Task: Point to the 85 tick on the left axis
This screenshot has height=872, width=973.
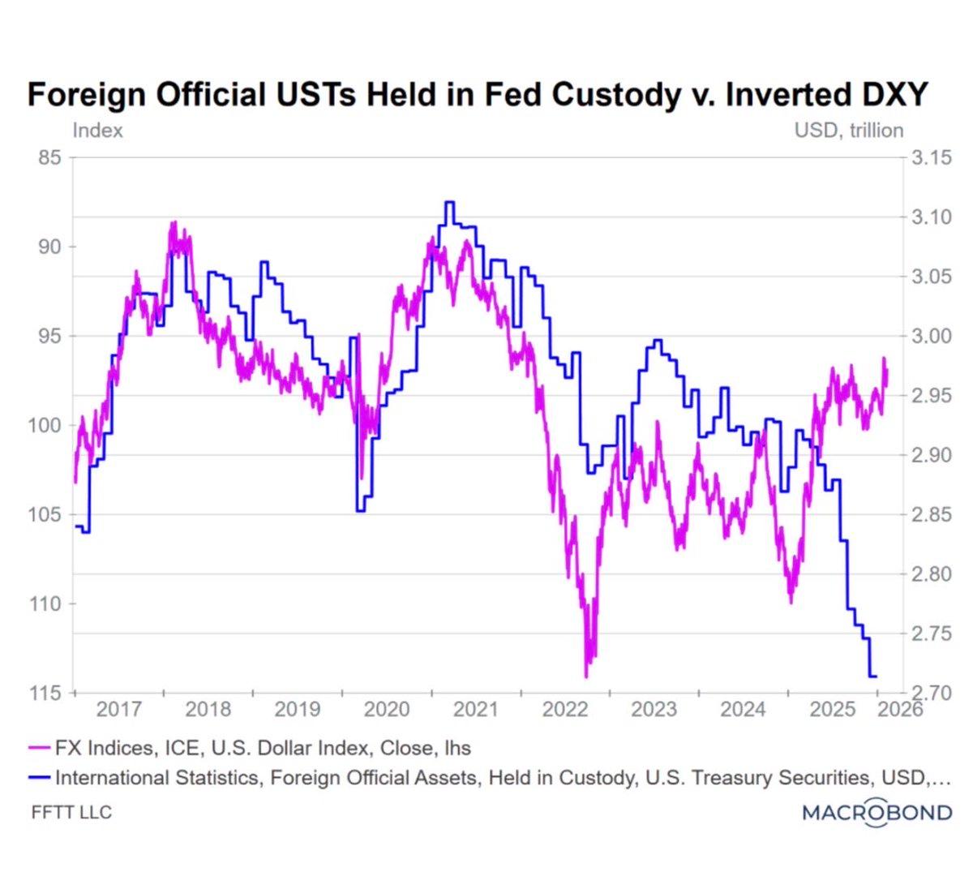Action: point(50,157)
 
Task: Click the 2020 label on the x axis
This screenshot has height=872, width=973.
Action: point(387,710)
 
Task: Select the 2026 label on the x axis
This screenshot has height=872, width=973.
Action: point(899,710)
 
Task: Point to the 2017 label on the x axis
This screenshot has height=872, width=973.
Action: point(119,710)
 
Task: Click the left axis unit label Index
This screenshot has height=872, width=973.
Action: point(97,131)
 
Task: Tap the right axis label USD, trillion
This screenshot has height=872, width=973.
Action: point(849,131)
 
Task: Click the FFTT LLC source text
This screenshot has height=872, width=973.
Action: point(71,812)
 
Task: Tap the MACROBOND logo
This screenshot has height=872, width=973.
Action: point(877,812)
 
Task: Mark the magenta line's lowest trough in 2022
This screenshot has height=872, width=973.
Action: point(586,675)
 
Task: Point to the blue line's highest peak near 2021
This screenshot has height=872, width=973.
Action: point(449,202)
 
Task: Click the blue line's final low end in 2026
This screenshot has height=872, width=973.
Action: point(874,676)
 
